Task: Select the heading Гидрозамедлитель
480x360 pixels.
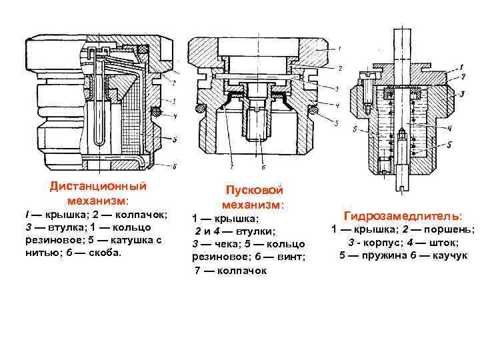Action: coord(402,216)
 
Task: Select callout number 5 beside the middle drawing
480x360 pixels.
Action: coord(336,124)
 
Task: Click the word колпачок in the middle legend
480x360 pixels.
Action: coord(240,270)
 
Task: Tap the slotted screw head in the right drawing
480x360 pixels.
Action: coord(371,79)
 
